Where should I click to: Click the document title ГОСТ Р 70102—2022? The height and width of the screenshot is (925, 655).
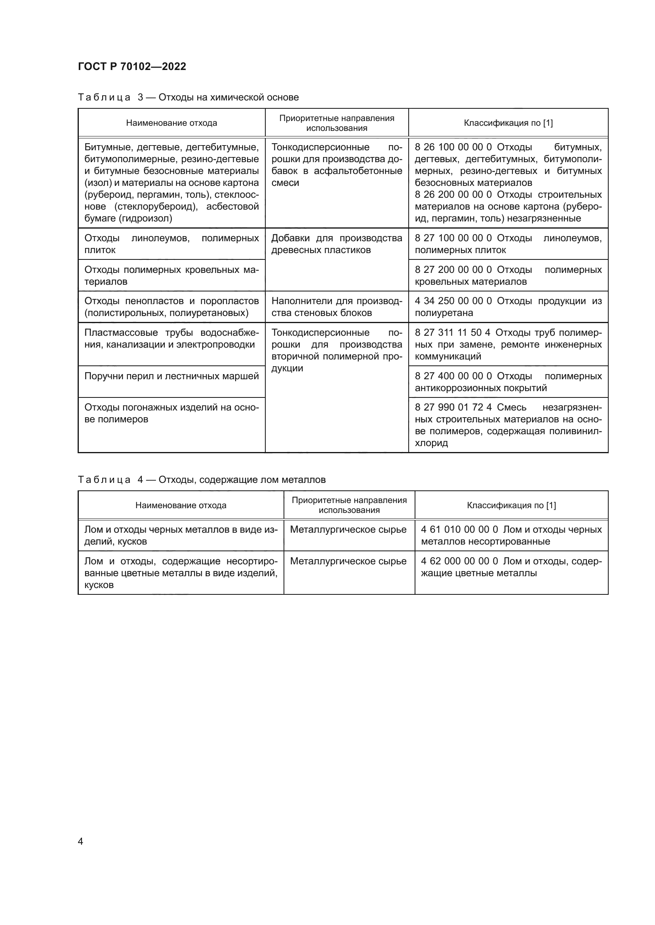(132, 66)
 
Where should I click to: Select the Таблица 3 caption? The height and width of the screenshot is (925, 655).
(188, 97)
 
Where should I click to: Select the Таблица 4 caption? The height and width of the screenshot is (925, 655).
(201, 479)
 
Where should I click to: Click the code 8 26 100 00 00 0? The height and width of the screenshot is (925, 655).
(453, 147)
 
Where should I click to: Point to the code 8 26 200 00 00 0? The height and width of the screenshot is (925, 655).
(453, 195)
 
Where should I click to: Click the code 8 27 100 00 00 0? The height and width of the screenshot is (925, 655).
(453, 238)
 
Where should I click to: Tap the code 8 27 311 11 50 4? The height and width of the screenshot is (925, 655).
(452, 332)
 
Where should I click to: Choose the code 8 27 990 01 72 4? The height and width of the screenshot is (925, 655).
(453, 407)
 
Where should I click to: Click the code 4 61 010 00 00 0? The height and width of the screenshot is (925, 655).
(459, 530)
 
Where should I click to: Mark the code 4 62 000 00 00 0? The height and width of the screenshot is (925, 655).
(459, 561)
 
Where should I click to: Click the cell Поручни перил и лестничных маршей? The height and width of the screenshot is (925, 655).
(171, 376)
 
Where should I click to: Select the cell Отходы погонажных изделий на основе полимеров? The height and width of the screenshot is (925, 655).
(171, 413)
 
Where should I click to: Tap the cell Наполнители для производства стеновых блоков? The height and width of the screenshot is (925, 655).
(336, 307)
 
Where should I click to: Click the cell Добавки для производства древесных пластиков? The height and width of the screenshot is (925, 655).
(336, 244)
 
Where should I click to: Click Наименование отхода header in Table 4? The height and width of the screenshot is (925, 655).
(181, 505)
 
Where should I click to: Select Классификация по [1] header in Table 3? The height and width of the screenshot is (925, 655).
(508, 123)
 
